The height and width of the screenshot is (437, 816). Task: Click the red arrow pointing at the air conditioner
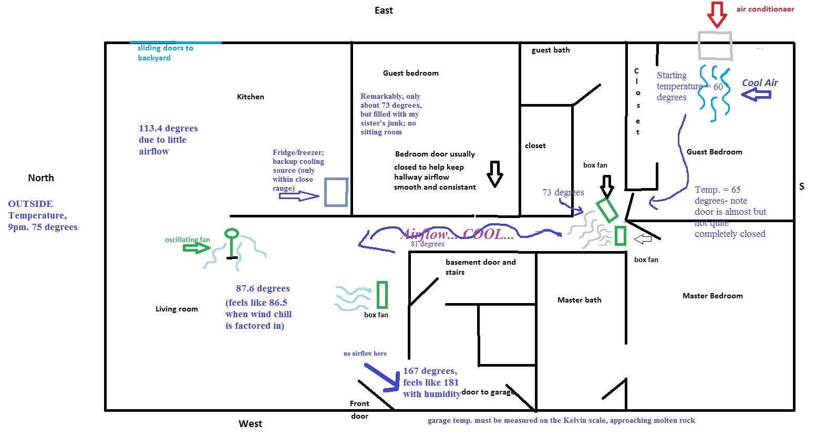[717, 14]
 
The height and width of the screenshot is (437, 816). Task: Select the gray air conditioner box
[715, 45]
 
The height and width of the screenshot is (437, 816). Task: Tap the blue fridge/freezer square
[336, 192]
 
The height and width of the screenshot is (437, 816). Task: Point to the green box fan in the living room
[382, 295]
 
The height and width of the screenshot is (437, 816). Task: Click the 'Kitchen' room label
[251, 97]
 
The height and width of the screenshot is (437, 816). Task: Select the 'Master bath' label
[579, 300]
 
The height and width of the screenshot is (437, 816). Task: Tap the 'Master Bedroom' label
[712, 296]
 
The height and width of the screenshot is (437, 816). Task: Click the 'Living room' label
[177, 309]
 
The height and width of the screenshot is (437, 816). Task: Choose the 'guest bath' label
[551, 50]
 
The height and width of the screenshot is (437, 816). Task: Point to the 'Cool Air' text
[760, 82]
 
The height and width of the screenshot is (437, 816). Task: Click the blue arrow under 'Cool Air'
[756, 95]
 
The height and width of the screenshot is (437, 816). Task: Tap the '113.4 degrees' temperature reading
[168, 128]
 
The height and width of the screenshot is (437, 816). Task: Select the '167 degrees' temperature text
[430, 371]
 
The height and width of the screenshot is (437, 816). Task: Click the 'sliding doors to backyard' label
[165, 53]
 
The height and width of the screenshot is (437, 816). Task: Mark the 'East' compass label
[384, 11]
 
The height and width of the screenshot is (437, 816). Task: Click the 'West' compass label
[250, 423]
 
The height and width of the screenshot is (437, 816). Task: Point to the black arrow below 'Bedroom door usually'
[494, 174]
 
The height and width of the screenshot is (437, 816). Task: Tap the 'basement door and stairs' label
[480, 267]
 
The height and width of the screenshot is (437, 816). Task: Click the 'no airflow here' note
[365, 353]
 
